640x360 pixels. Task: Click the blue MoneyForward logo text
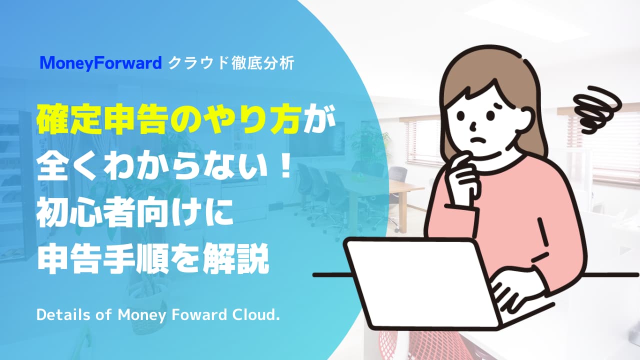[101, 63]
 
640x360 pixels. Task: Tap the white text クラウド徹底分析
[231, 63]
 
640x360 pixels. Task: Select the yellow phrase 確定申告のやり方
[168, 120]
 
